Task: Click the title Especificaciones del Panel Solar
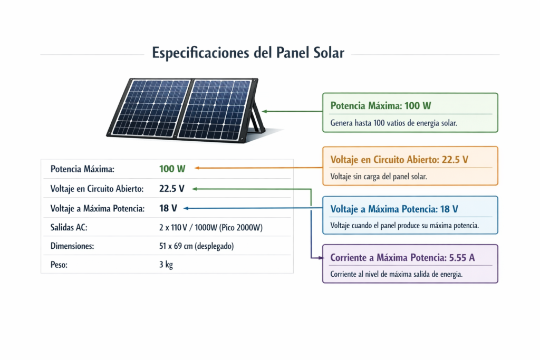point(248,53)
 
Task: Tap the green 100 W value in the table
point(172,169)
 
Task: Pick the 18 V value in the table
point(168,208)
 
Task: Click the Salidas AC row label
point(69,227)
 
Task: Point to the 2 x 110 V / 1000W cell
point(207,227)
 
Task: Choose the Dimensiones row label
point(72,246)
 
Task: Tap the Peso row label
point(59,265)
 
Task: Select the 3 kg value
point(166,265)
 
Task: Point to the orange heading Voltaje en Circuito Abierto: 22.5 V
point(399,159)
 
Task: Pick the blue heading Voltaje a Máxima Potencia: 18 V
point(394,209)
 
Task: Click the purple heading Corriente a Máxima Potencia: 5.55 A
point(402,258)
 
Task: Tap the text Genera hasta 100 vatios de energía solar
point(393,123)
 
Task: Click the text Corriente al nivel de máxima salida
point(396,274)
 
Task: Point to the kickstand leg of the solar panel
point(256,116)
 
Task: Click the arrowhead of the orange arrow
point(196,168)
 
